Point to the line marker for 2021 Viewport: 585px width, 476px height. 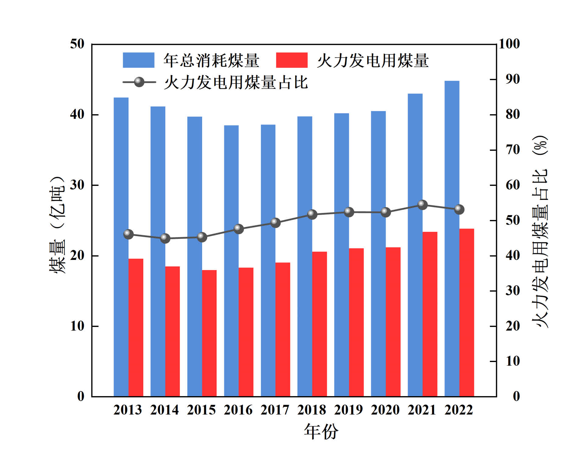pos(422,205)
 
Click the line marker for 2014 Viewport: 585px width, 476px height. pos(165,238)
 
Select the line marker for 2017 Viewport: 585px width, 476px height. pos(275,223)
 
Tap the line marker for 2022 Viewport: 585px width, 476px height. pos(459,209)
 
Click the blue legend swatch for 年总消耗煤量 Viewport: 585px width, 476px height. pos(138,60)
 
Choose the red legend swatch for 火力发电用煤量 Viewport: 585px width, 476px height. pos(292,60)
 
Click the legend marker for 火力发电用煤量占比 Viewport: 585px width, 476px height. pos(139,82)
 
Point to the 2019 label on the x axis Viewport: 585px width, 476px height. pos(349,410)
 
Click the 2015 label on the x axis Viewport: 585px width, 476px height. pos(201,410)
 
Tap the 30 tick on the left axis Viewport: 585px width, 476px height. pos(77,185)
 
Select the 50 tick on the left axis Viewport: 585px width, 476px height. pos(77,44)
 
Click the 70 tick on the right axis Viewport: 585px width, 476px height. pos(513,150)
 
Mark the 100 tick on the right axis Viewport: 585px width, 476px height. pos(509,44)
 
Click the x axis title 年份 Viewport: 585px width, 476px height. pos(321,432)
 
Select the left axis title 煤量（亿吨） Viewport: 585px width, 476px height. pos(57,225)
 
